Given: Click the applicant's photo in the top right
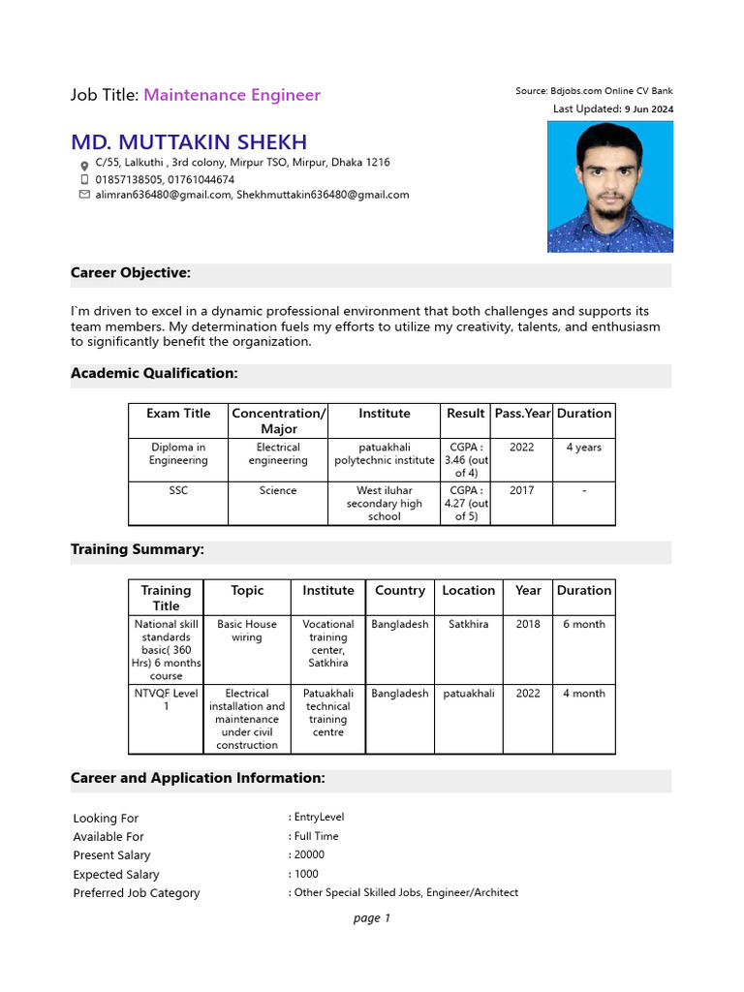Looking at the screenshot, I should coord(610,187).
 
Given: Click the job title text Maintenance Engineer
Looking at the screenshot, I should coord(232,95).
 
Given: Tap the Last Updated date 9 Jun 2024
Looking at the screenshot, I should coord(648,109).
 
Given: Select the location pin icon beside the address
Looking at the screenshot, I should coord(83,165).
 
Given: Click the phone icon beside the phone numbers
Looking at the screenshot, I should coord(83,179).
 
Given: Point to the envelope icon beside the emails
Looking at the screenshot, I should coord(83,195).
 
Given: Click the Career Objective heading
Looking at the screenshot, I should coord(131,273).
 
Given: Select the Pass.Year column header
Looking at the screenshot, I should coord(522,414).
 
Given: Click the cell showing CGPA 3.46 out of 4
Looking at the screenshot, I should coord(466,460).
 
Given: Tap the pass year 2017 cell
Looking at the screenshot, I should coord(521,491).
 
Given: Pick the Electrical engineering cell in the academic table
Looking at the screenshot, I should coord(278,454).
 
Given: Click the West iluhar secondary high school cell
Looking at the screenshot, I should coord(384,504).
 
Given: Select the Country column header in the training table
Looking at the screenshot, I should coord(399,591).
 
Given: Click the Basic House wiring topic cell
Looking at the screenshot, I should coord(247,632).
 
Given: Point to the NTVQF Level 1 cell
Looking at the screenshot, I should coord(166,700).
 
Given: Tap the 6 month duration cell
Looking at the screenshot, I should coord(584,625).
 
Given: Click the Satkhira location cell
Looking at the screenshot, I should coord(469,625).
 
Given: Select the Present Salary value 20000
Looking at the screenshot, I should coord(309,855).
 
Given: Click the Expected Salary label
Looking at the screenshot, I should coord(116,875).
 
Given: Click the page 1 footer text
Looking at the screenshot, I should coord(372,918).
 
